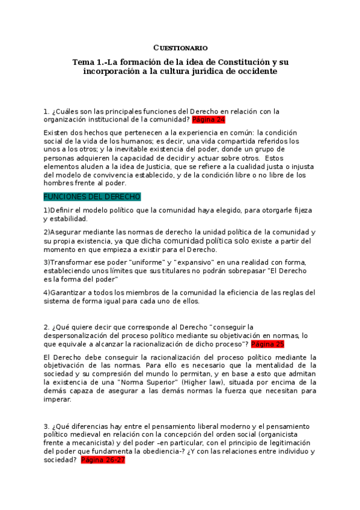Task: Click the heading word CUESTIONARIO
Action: coord(180,48)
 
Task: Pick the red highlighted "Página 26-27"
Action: coord(103,460)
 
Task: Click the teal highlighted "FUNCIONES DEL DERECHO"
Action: coord(92,197)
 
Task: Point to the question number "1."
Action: coord(46,111)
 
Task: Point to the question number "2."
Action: coord(46,327)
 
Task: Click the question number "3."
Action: coord(46,426)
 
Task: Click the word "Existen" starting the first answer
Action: coord(57,132)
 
